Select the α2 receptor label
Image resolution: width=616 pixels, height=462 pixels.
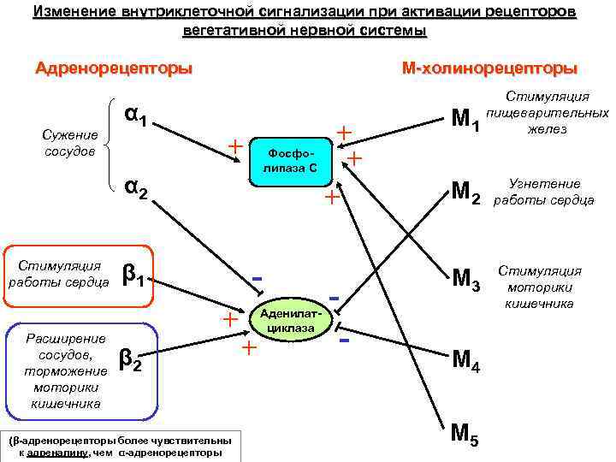click(x=138, y=188)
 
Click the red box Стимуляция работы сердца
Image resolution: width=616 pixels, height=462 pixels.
click(x=58, y=273)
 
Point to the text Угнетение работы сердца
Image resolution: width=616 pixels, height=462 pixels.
click(x=544, y=192)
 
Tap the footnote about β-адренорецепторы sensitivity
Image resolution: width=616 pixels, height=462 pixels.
click(x=116, y=445)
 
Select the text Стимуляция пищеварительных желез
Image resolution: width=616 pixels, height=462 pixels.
click(x=548, y=112)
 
